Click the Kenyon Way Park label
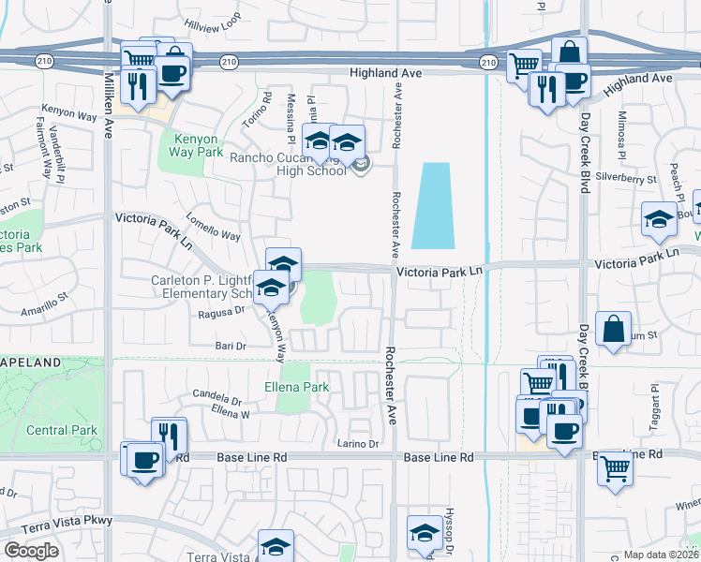[198, 144]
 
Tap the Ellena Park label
[296, 387]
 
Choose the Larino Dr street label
[358, 444]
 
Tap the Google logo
[31, 551]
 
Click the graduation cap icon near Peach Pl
[659, 220]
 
